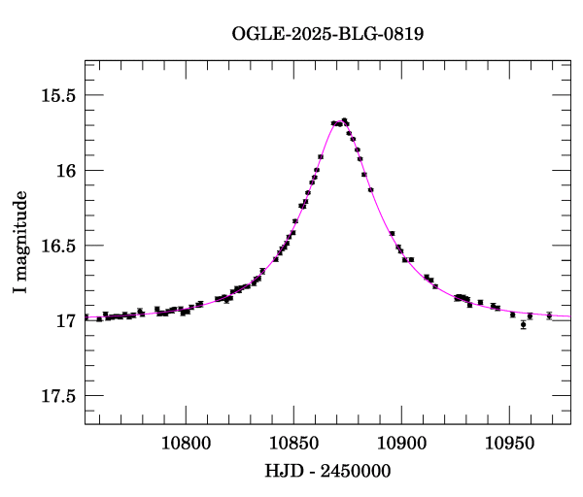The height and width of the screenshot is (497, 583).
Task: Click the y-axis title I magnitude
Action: tap(19, 243)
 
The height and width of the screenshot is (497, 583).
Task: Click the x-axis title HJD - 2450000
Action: tap(327, 471)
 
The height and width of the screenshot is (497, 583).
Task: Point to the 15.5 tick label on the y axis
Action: tap(55, 95)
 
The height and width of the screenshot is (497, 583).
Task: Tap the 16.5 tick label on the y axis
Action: tap(55, 246)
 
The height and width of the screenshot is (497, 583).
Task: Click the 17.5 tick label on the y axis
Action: tap(55, 396)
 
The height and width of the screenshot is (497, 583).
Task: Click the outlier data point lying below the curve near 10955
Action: tap(523, 324)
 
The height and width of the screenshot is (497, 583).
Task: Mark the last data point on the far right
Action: tap(549, 315)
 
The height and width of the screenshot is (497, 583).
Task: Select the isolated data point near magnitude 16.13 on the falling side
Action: tap(371, 190)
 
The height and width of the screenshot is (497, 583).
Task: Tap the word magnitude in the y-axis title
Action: tap(19, 231)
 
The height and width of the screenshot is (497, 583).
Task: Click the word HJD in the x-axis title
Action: tap(283, 471)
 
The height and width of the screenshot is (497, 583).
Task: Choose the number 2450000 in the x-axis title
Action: tap(356, 471)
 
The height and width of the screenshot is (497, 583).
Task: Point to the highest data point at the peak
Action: tap(344, 120)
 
